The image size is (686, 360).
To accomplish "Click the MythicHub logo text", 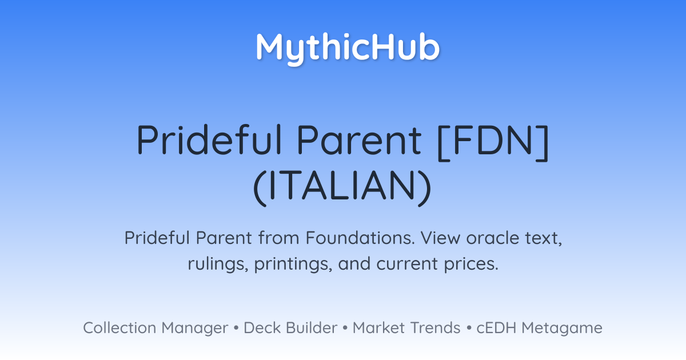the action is (x=348, y=49).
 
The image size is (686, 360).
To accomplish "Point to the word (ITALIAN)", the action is (x=342, y=187).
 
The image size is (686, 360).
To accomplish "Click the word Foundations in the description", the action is (x=360, y=238).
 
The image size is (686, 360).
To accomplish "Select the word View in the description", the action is (x=440, y=238).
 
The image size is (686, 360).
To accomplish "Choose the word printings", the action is (x=293, y=264).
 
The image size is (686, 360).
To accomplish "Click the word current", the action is (x=407, y=264).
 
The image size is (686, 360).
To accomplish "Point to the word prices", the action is (x=471, y=265).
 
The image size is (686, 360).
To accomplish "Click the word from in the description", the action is (x=279, y=238).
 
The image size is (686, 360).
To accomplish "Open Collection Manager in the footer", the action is (x=155, y=328).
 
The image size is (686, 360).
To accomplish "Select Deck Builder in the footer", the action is (x=290, y=327).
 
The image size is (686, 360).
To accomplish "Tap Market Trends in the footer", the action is (x=406, y=327).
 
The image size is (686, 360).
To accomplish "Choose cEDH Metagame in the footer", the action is (x=539, y=328).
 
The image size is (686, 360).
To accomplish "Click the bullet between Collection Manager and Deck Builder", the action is (x=236, y=328).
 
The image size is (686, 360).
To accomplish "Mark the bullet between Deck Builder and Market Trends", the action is (x=345, y=328).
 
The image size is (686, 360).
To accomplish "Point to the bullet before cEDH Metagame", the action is (x=469, y=328).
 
